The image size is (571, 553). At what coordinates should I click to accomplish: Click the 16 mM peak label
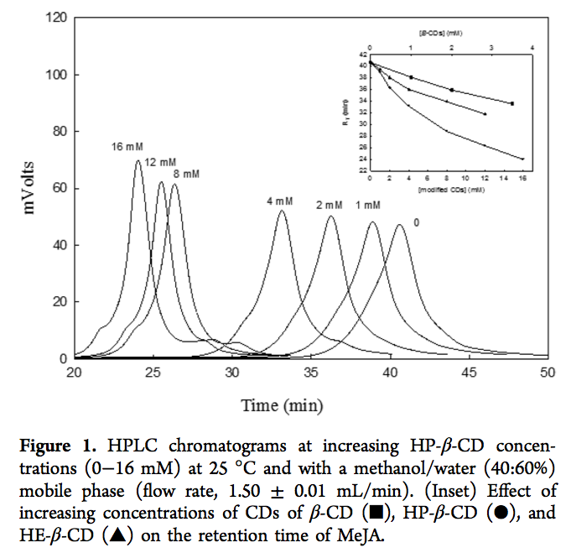[x=127, y=146]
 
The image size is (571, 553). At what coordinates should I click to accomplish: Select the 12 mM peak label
[x=160, y=161]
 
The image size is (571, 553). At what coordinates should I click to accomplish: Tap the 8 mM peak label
[x=185, y=174]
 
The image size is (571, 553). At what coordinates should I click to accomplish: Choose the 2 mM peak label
[x=330, y=205]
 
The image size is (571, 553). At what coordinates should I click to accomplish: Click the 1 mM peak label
[x=368, y=206]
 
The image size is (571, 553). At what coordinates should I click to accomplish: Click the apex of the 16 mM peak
[x=138, y=161]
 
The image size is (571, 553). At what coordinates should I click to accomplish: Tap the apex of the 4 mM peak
[x=281, y=211]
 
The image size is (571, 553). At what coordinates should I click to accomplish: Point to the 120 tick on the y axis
[x=56, y=18]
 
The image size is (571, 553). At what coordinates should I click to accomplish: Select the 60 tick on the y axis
[x=60, y=188]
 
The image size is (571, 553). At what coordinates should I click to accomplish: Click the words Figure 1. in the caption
[x=107, y=442]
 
